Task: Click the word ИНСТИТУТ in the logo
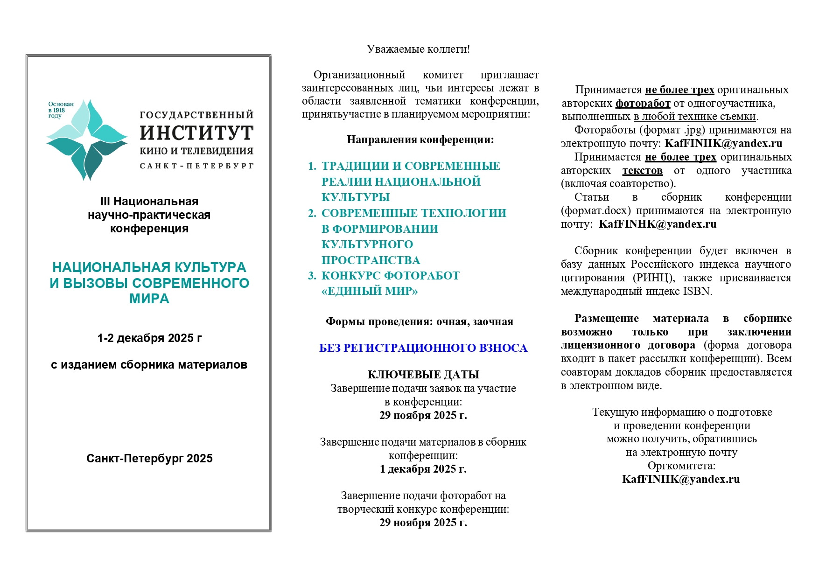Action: pos(196,133)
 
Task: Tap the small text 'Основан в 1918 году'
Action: pos(61,110)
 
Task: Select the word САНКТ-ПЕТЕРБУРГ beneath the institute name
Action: pos(196,166)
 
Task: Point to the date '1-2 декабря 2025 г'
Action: pos(149,338)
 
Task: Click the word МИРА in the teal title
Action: pos(149,299)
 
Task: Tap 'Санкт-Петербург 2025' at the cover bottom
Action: pos(149,458)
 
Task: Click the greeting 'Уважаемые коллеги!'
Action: pos(418,49)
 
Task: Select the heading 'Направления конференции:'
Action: pos(420,140)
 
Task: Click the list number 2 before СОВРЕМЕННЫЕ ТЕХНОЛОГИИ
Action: pos(312,213)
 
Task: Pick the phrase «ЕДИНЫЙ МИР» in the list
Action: pos(370,291)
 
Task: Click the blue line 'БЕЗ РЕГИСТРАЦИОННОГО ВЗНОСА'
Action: pos(423,348)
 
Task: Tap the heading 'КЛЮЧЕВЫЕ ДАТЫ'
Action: pos(423,375)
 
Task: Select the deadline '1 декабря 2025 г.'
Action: pos(423,469)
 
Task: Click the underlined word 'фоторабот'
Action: pos(643,103)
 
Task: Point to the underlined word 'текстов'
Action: pos(642,171)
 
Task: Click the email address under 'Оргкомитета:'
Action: pos(681,479)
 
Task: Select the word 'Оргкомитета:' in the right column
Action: pos(681,466)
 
